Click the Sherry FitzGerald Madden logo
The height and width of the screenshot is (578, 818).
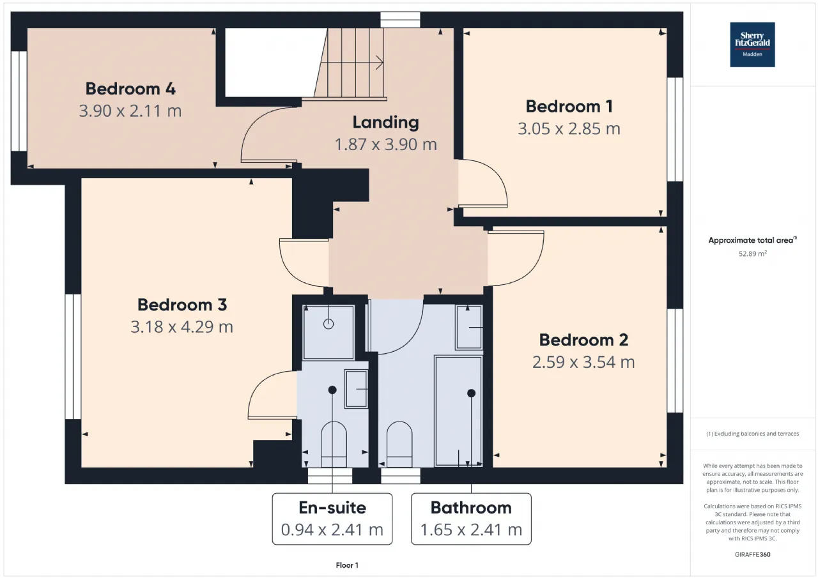point(752,45)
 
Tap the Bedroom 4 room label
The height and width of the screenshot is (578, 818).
point(130,89)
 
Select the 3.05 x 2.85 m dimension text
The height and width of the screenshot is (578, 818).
point(569,129)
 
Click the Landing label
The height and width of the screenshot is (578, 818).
point(385,122)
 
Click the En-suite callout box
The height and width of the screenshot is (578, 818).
point(332,519)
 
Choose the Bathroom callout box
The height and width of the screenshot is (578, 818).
point(471,519)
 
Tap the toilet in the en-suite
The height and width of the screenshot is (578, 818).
point(334,444)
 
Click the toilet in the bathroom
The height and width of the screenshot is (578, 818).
point(399,444)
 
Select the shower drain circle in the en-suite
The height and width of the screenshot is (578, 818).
point(328,324)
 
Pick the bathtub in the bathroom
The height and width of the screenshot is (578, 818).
point(459,411)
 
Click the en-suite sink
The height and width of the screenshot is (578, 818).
point(356,388)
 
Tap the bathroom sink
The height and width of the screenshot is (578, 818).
point(469,327)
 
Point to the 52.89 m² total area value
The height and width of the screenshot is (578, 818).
point(753,254)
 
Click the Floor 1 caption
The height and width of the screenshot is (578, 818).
point(347,565)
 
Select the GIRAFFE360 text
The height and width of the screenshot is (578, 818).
point(753,554)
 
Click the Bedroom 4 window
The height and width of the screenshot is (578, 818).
point(19,101)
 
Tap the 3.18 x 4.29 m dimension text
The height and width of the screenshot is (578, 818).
point(182,327)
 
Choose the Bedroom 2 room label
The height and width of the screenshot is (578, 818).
point(583,340)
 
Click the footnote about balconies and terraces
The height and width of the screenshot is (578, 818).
point(753,434)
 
